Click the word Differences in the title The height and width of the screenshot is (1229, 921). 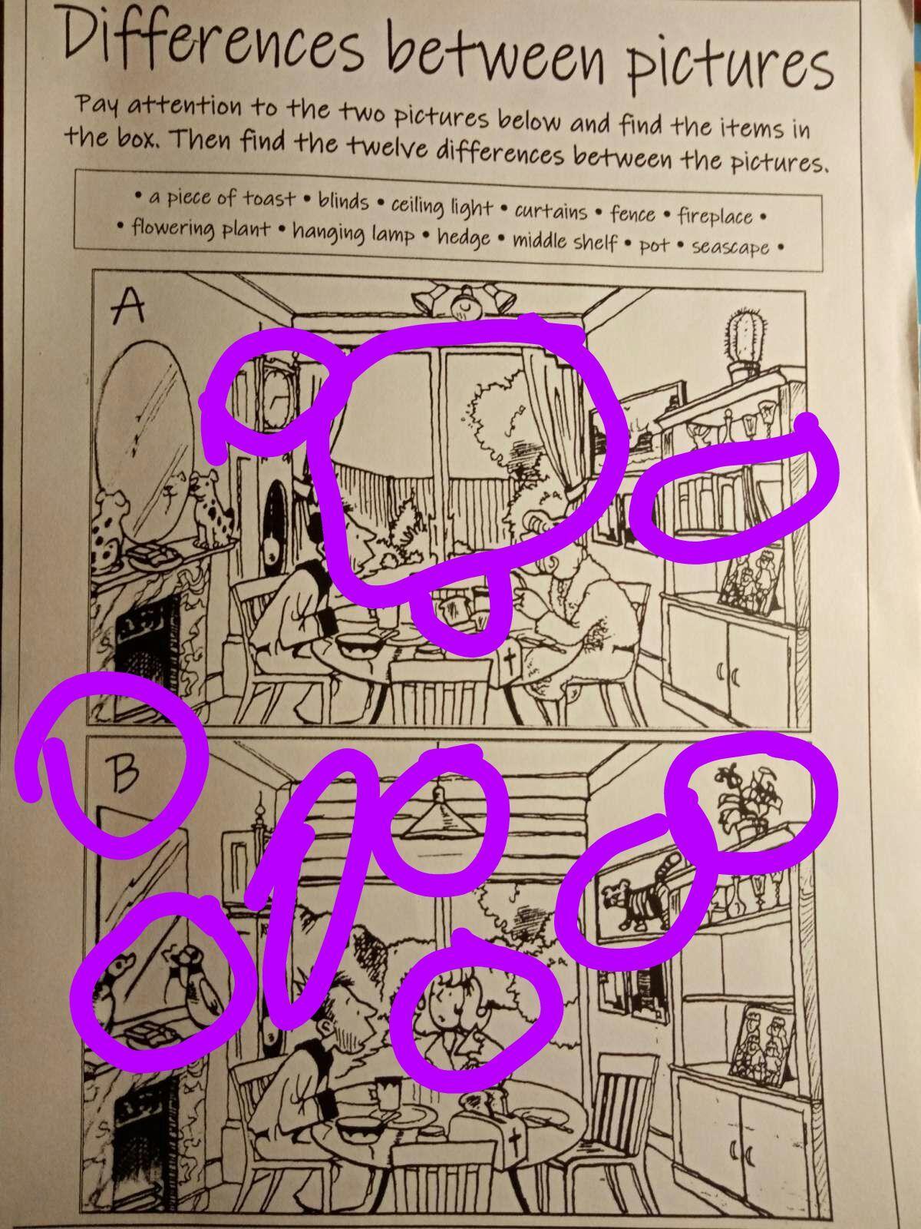click(x=213, y=40)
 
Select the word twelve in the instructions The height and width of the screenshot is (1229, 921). click(x=387, y=147)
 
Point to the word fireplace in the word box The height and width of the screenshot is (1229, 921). click(x=715, y=216)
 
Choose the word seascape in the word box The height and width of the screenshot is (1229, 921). click(x=731, y=247)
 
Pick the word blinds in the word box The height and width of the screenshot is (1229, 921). click(x=343, y=201)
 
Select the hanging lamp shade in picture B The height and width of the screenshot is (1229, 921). click(x=439, y=823)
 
